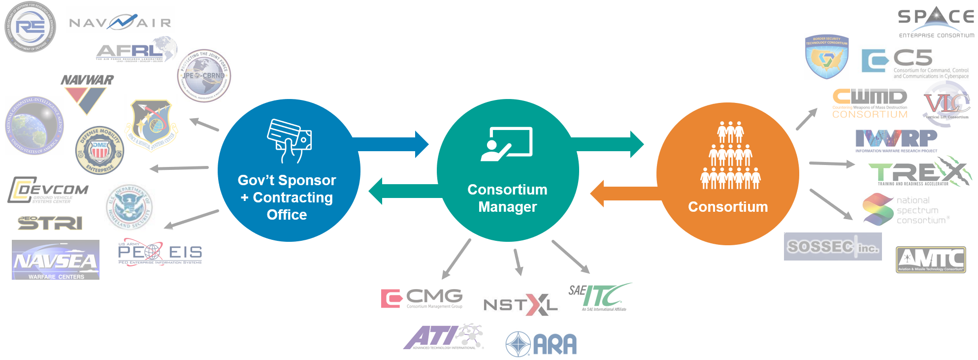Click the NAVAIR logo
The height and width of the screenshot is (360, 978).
(x=120, y=22)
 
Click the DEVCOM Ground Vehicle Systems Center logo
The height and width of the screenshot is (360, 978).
(x=48, y=191)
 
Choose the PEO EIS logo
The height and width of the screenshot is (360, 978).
(x=160, y=253)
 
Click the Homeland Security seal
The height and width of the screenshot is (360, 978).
(x=130, y=207)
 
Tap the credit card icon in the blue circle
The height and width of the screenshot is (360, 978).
(x=289, y=140)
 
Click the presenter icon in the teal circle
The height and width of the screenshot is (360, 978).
(x=507, y=144)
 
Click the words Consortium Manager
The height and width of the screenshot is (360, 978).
(x=507, y=198)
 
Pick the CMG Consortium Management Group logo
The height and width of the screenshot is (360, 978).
(x=422, y=298)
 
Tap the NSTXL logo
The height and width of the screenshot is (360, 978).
(x=521, y=303)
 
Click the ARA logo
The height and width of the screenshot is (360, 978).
(x=543, y=344)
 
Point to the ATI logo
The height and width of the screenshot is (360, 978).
(x=443, y=337)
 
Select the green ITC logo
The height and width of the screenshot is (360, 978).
(x=606, y=295)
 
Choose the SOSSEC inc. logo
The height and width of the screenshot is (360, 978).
(x=833, y=246)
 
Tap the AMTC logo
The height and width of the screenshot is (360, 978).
(x=930, y=260)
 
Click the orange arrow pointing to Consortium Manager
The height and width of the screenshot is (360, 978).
(x=625, y=194)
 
